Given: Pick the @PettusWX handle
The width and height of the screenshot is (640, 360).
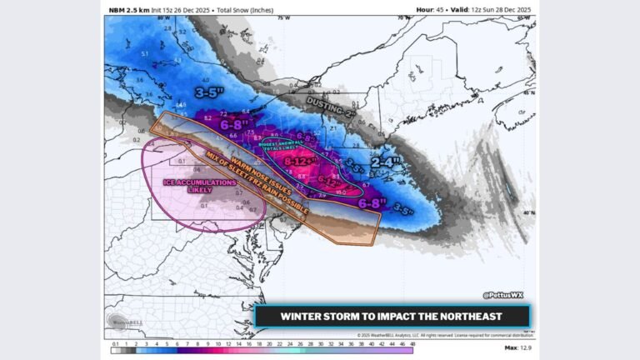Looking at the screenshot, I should (502, 294).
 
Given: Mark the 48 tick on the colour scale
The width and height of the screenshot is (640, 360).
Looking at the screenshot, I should (411, 343).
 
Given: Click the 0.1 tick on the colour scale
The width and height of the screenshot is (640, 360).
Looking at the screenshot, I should (114, 343).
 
